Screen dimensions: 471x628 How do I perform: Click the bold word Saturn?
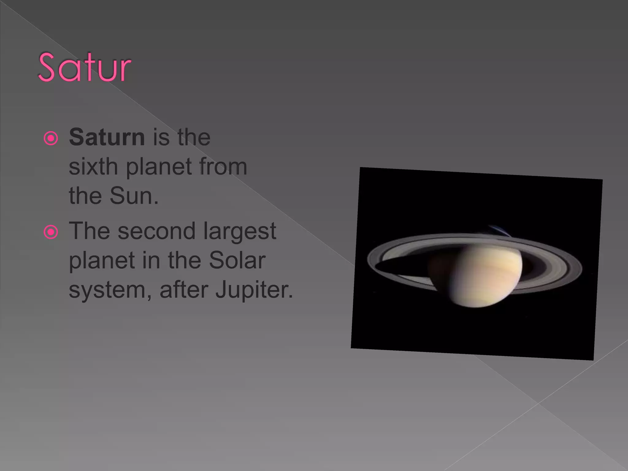(107, 137)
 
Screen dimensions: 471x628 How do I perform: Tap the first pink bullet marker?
(51, 138)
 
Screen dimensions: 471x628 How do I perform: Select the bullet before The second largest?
(51, 232)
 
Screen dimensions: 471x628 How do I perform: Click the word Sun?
(134, 196)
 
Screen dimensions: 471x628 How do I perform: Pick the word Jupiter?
(254, 290)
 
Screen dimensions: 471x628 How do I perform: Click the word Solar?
(237, 260)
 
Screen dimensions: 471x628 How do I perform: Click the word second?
(156, 231)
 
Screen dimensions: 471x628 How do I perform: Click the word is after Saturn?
(161, 137)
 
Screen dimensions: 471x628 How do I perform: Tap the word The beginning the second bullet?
(89, 231)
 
